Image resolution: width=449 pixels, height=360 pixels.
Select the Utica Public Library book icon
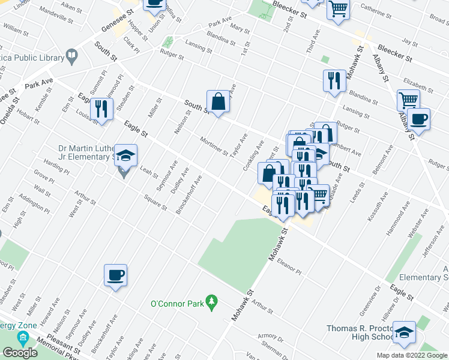(72, 58)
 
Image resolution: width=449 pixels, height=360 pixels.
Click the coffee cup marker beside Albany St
(418, 119)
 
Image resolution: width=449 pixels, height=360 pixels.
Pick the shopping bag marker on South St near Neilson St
(218, 102)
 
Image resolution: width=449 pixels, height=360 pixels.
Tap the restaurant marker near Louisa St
(101, 110)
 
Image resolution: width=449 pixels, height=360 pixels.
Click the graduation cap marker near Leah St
(125, 156)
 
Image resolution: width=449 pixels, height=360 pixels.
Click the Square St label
(155, 202)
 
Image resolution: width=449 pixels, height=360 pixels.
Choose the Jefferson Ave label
(434, 242)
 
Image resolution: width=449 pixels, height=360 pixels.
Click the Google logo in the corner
(20, 352)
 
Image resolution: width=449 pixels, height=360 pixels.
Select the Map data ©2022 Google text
(412, 355)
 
